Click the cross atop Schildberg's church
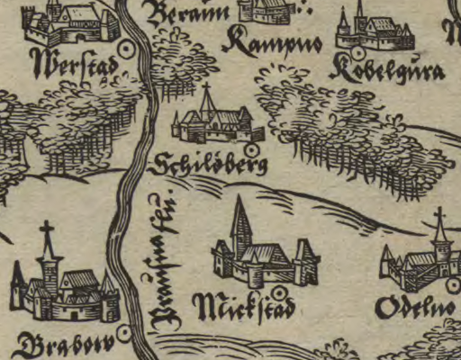206,89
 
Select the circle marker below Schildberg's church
251,147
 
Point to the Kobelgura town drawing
372,32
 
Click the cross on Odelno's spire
439,217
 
